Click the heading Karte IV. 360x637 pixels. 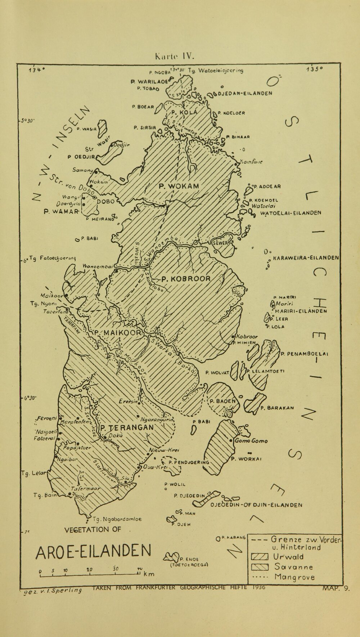point(174,56)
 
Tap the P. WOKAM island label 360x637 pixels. point(179,186)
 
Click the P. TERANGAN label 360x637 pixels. point(127,427)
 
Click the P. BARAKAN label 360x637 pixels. point(277,408)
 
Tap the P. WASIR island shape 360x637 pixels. point(103,127)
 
